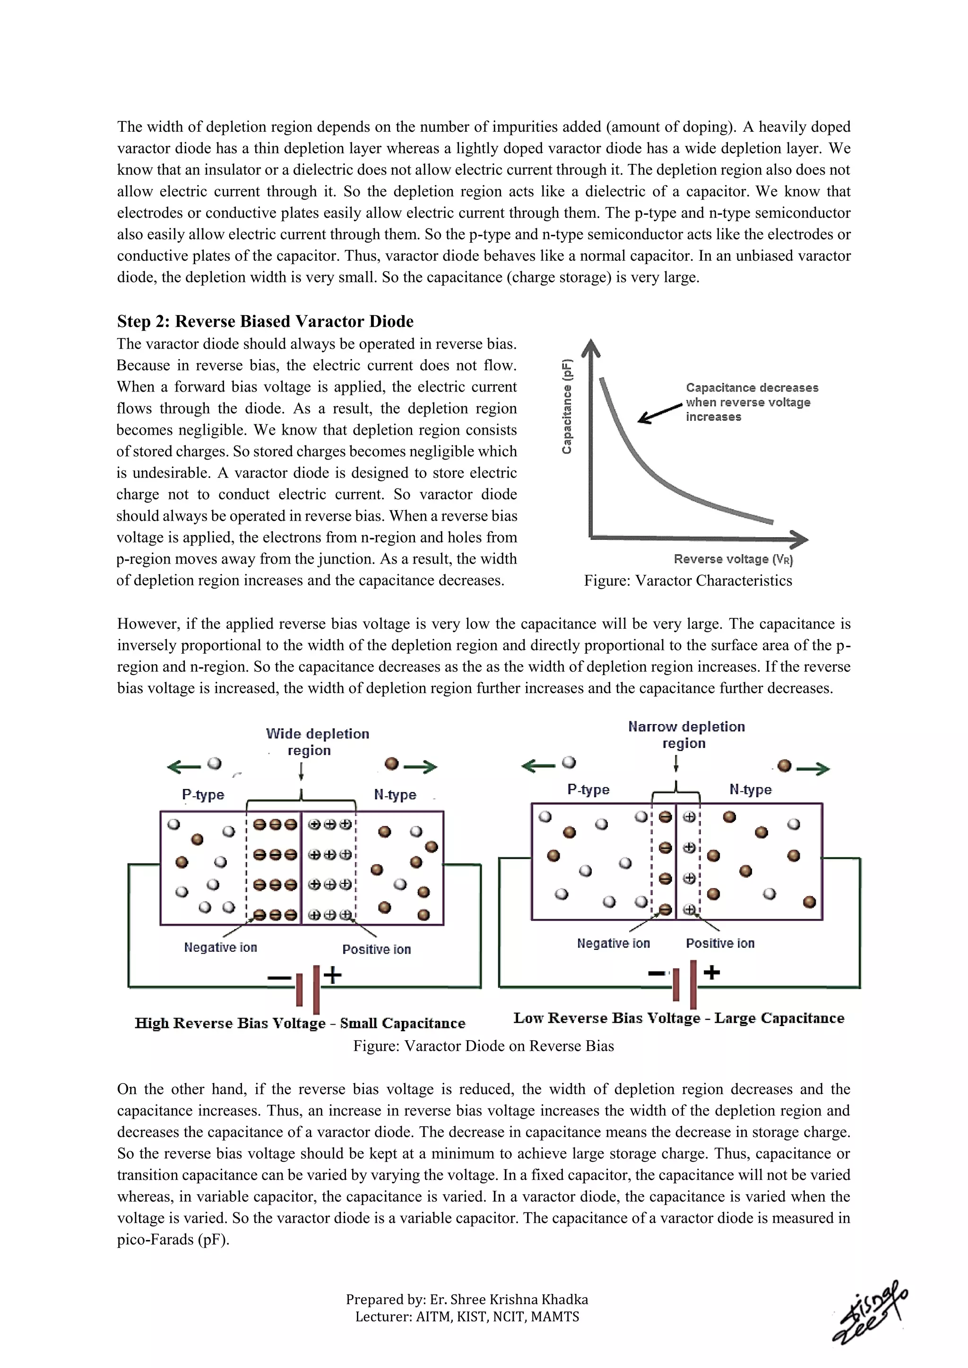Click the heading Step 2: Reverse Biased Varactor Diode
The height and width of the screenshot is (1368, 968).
coord(265,322)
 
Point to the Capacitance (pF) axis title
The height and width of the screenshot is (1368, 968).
coord(568,406)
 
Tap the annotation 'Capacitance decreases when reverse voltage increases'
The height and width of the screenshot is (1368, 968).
coord(751,402)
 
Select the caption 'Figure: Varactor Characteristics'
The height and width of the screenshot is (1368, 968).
coord(688,581)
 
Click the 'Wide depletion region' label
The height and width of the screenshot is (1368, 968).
coord(317,742)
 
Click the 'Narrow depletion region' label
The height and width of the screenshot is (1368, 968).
coord(686,735)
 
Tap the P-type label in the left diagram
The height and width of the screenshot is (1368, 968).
coord(203,795)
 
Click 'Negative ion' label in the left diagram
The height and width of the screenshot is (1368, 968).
coord(220,948)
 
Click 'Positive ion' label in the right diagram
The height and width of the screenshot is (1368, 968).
coord(720,943)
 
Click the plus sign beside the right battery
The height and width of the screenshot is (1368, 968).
coord(712,972)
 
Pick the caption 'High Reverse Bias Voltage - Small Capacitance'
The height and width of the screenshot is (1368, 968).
coord(300,1024)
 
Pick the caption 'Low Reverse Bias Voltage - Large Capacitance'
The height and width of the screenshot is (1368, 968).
coord(679,1018)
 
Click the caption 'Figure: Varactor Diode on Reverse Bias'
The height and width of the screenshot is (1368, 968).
coord(484,1046)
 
